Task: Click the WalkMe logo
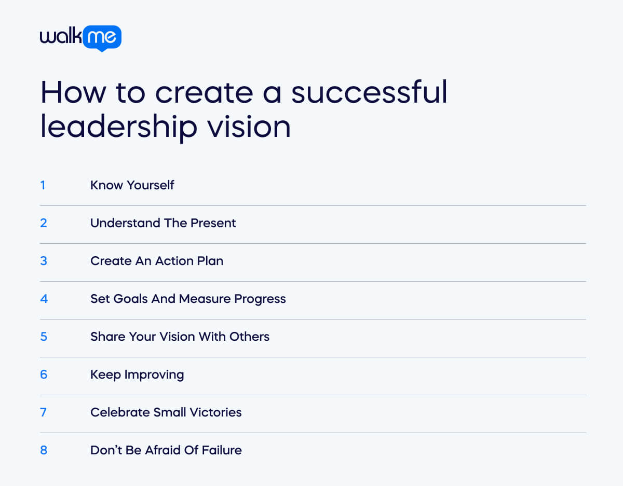[x=80, y=38]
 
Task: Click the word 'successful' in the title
[x=369, y=92]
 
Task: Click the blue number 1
[x=43, y=185]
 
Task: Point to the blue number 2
[x=44, y=223]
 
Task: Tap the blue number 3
[x=44, y=261]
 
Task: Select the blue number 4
[x=44, y=299]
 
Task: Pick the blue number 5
[x=44, y=337]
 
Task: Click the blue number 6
[x=44, y=374]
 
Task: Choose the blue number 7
[x=44, y=412]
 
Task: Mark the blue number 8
[x=44, y=450]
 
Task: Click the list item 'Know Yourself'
[x=132, y=185]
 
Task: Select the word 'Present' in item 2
[x=214, y=223]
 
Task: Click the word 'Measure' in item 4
[x=204, y=299]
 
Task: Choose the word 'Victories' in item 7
[x=215, y=412]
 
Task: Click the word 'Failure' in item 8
[x=221, y=450]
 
